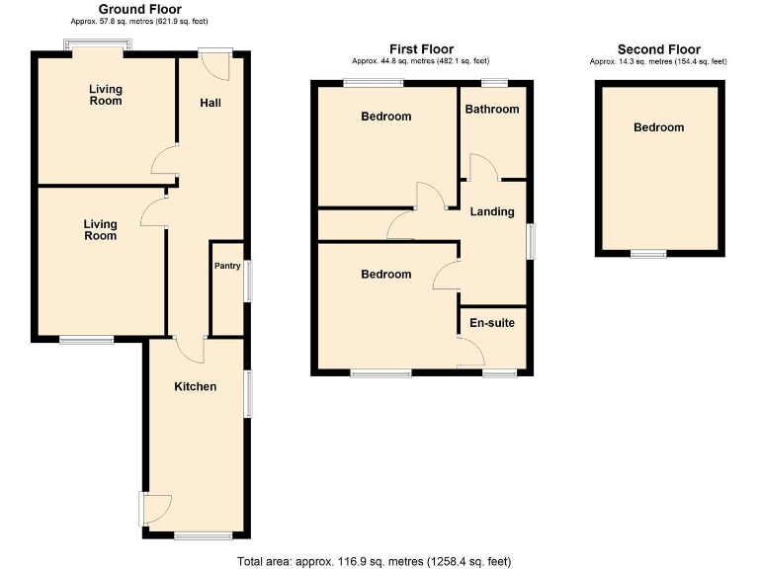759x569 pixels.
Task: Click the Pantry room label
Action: pyautogui.click(x=227, y=266)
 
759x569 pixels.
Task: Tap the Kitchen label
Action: pyautogui.click(x=196, y=386)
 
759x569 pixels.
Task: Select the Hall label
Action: pyautogui.click(x=211, y=104)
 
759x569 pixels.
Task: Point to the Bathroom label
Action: pyautogui.click(x=492, y=110)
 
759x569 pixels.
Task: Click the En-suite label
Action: pyautogui.click(x=491, y=323)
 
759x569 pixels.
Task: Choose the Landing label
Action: pyautogui.click(x=491, y=211)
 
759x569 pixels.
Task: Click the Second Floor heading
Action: pyautogui.click(x=658, y=49)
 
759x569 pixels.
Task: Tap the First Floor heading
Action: pyautogui.click(x=422, y=49)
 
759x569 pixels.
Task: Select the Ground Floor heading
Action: pyautogui.click(x=139, y=9)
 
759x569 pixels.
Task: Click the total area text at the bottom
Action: pyautogui.click(x=374, y=561)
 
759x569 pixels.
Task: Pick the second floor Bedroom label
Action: pyautogui.click(x=658, y=127)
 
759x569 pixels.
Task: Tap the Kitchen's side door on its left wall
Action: pyautogui.click(x=149, y=508)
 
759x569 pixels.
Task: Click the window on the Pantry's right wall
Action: pyautogui.click(x=247, y=281)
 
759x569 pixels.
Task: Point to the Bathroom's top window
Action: pyautogui.click(x=495, y=81)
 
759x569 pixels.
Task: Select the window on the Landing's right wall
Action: pyautogui.click(x=531, y=242)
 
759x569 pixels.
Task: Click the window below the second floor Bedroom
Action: pyautogui.click(x=648, y=255)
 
